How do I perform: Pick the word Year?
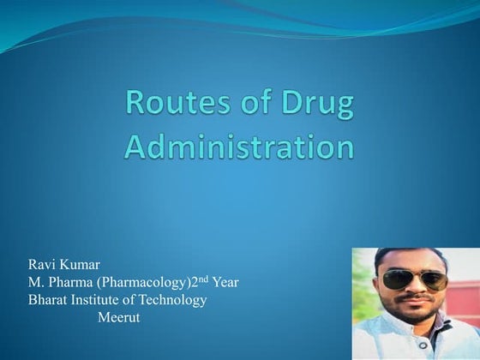click(x=223, y=283)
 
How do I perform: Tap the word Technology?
click(x=176, y=300)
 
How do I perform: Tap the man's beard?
click(x=416, y=315)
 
